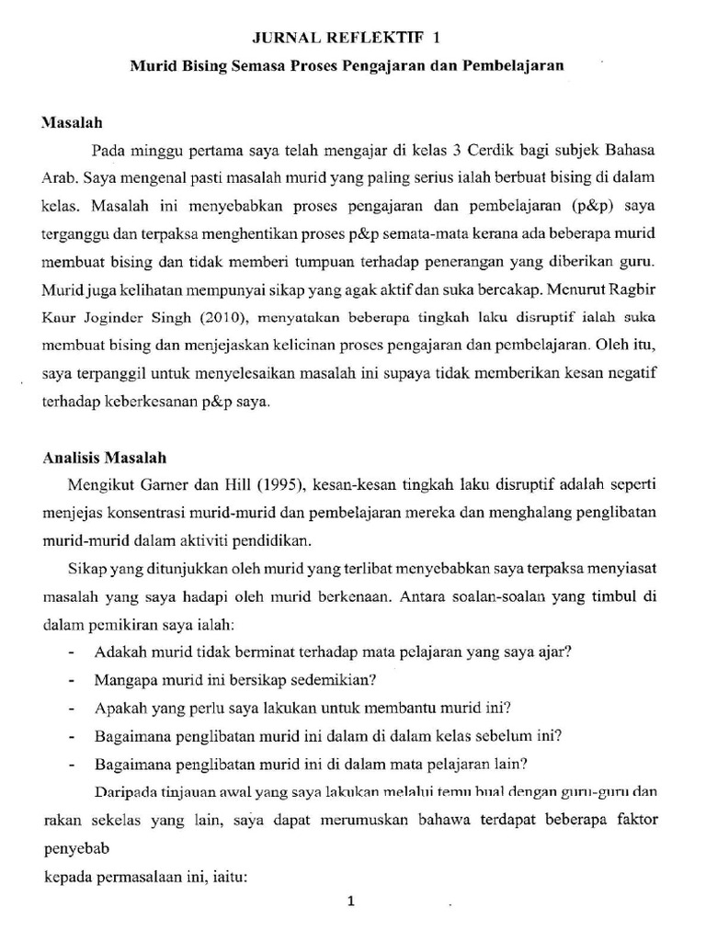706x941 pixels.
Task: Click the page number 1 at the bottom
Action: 350,901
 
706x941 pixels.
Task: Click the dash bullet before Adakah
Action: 72,654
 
